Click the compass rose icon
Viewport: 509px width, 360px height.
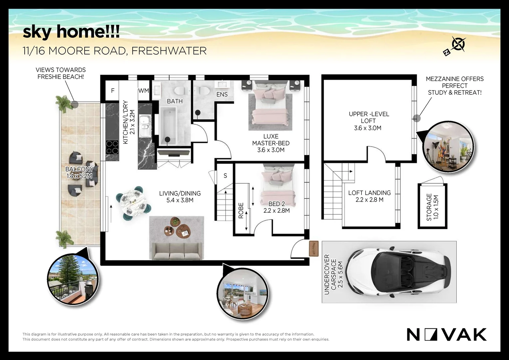[x=455, y=46]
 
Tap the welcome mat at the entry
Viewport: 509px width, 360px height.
[x=313, y=249]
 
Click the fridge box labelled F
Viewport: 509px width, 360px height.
[x=113, y=91]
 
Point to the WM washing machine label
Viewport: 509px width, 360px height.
[x=144, y=91]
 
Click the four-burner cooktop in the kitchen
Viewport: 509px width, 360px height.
[x=112, y=147]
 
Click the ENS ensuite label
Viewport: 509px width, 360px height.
[x=222, y=94]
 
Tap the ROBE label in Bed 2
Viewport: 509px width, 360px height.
[x=241, y=211]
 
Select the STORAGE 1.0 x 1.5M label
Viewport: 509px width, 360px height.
[x=432, y=207]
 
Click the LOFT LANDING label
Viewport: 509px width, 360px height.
[x=369, y=193]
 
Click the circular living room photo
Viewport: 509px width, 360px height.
[x=243, y=293]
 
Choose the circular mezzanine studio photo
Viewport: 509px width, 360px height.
[x=448, y=147]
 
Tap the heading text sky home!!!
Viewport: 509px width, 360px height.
[x=71, y=32]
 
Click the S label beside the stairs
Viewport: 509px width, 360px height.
[x=225, y=176]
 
